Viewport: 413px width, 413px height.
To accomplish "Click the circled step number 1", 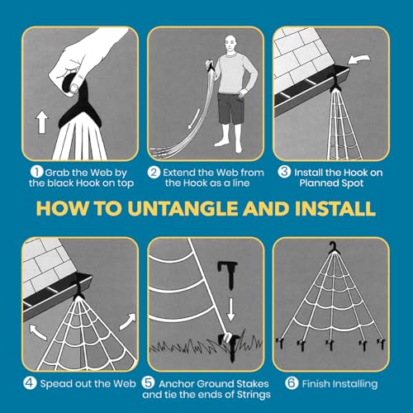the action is click(x=36, y=173).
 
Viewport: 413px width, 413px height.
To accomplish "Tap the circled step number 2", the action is click(x=154, y=173).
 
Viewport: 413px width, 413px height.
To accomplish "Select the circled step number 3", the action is click(x=284, y=171).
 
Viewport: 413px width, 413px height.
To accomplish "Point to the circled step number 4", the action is click(x=30, y=382).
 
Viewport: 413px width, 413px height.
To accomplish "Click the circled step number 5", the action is click(x=148, y=382).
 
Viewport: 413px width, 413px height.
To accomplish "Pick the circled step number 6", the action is click(x=292, y=382).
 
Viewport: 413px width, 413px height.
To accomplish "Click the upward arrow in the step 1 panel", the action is click(x=42, y=123).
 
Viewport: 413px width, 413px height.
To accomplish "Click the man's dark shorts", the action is click(x=230, y=108).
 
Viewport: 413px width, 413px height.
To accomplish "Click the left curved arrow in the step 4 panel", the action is click(x=38, y=332).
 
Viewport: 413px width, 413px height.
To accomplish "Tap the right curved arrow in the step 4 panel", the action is click(x=128, y=321).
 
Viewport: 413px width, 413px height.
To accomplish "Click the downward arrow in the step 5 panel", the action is click(x=230, y=309).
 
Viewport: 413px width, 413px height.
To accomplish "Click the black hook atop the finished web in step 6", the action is click(x=334, y=248).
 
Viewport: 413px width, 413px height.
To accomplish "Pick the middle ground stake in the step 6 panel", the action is click(x=330, y=344).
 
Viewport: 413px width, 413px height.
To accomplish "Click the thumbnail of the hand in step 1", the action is click(x=75, y=88).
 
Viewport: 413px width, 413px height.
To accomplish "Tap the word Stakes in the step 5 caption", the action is click(x=253, y=383).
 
